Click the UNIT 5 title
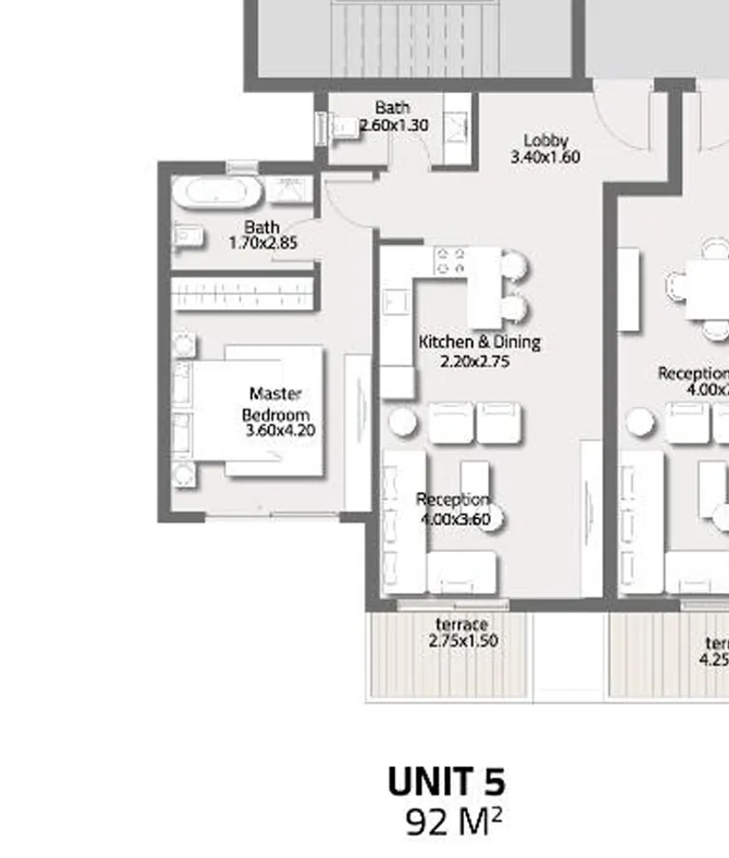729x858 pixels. coord(446,782)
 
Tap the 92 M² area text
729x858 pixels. coord(454,822)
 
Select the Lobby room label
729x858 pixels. coord(546,140)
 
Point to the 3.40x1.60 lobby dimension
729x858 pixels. coord(545,157)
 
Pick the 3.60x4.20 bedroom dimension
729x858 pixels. coord(280,430)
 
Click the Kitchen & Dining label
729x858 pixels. coord(480,343)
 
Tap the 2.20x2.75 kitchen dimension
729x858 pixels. coord(474,362)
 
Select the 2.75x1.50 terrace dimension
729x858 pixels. coord(463,641)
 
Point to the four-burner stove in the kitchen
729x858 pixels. coord(450,262)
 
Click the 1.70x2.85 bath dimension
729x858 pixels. coord(263,244)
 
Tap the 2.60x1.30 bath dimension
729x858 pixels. coord(393,126)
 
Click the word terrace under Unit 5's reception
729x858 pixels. coord(462,625)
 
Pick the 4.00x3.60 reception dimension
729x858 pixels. coord(456,519)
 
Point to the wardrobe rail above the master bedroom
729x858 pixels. coord(244,293)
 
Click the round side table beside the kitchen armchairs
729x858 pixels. coord(401,422)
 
